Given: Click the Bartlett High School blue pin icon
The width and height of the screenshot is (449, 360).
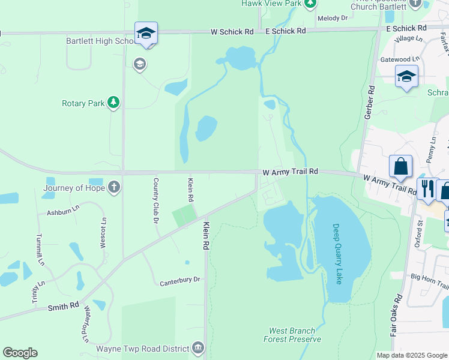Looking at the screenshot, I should (146, 34).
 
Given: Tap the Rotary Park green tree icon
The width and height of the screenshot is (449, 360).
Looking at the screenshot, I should (113, 103).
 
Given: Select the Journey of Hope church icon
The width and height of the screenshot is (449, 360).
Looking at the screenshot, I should (113, 187).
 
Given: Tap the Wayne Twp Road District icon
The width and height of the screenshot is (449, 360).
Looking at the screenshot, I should (199, 347).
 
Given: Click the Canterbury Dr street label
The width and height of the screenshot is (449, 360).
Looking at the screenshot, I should (179, 280).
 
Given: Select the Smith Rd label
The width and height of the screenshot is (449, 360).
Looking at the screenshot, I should (64, 305).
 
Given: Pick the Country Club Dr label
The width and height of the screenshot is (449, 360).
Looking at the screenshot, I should (155, 200).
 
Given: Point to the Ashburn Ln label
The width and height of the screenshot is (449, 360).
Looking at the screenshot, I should (63, 212).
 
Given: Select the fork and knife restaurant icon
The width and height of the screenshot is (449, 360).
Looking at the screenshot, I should (427, 188).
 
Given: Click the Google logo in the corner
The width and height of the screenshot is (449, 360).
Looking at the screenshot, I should (20, 353).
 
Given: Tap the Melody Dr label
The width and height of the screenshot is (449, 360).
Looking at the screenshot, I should (333, 19).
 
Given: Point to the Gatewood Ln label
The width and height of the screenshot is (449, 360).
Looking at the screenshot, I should (399, 59).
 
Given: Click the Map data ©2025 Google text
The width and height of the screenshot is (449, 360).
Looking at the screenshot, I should (412, 355).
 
